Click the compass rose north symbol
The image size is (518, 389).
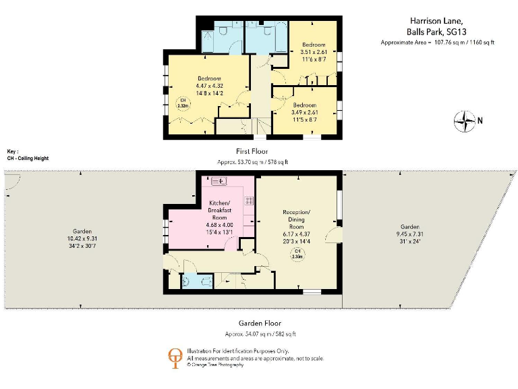click(465, 122)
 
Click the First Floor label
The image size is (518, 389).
click(252, 151)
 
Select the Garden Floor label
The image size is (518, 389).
click(258, 323)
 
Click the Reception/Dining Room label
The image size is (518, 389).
click(296, 224)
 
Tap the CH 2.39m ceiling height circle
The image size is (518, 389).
click(297, 255)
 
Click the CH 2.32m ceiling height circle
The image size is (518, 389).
click(182, 104)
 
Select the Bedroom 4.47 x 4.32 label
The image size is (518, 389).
click(209, 86)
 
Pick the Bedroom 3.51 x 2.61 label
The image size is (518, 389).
click(312, 52)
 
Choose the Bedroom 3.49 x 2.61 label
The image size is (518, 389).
click(305, 111)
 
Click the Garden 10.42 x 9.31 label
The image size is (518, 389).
click(82, 238)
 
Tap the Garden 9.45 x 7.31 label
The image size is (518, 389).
click(409, 234)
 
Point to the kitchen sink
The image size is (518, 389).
click(221, 181)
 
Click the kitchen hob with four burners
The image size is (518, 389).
click(248, 201)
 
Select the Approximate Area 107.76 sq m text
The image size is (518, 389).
click(438, 42)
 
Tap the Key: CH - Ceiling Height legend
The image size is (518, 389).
click(27, 155)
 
